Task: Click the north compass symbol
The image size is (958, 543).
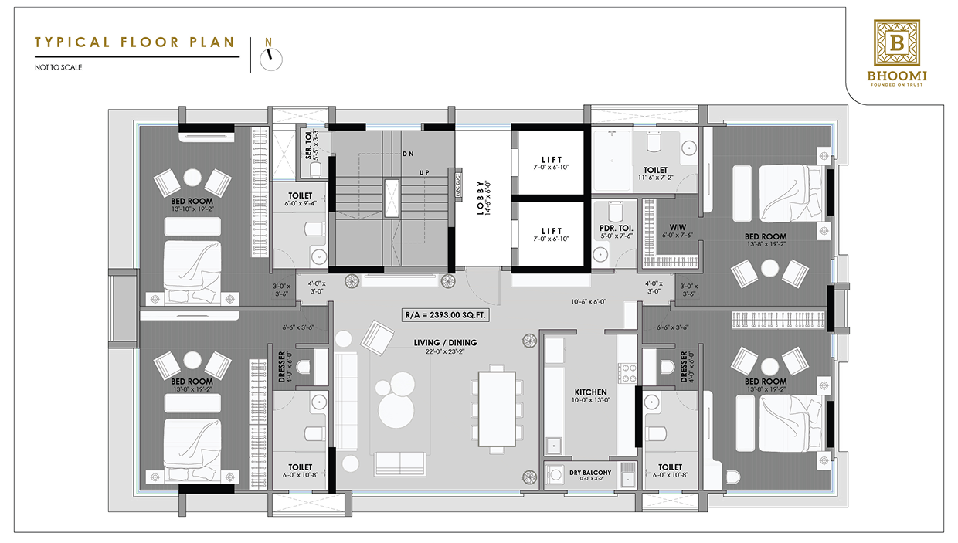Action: [270, 58]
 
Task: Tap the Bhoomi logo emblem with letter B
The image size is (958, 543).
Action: [896, 42]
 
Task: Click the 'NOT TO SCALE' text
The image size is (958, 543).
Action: [58, 67]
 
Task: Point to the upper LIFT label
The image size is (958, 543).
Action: [552, 159]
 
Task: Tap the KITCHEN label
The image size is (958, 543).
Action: [591, 392]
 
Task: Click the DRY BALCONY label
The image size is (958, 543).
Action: [590, 473]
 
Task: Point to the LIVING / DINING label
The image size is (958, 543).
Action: [444, 342]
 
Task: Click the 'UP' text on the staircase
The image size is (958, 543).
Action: [423, 171]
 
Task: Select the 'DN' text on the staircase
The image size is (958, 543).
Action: [407, 154]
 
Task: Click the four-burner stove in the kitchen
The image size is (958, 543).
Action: [627, 373]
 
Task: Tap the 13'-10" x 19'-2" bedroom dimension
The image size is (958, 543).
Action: [192, 209]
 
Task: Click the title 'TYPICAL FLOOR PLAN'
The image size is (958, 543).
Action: [135, 42]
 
